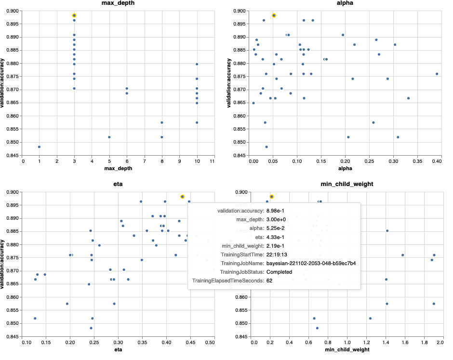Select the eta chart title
pyautogui.click(x=118, y=185)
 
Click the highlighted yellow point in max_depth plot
pyautogui.click(x=74, y=15)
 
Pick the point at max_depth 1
pyautogui.click(x=39, y=147)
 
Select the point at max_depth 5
pyautogui.click(x=109, y=137)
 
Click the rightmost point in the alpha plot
pyautogui.click(x=437, y=74)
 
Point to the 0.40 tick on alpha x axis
pyautogui.click(x=437, y=161)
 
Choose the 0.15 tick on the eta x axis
pyautogui.click(x=46, y=343)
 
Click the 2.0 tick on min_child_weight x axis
pyautogui.click(x=441, y=343)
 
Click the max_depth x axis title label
pyautogui.click(x=118, y=169)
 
